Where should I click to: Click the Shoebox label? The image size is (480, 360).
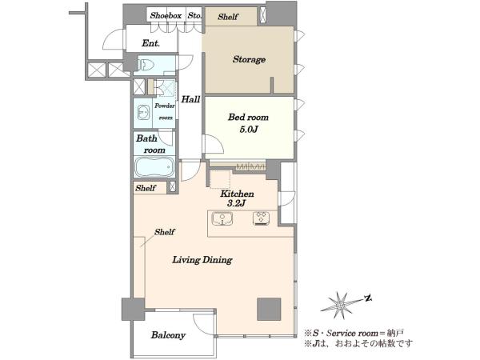pos(166,16)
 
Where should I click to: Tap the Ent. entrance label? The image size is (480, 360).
pos(151,43)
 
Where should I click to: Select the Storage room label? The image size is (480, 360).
pos(249,59)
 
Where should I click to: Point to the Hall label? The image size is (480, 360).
pos(190,99)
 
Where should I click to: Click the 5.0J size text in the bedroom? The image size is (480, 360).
pos(248,130)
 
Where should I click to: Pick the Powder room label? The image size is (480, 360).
pos(164,111)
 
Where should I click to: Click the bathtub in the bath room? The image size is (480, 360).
pos(154,167)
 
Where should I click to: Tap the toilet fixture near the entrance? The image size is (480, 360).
pos(145,65)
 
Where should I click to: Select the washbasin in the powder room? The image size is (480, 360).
pos(143,112)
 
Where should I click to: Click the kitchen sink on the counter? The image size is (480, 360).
pos(222,219)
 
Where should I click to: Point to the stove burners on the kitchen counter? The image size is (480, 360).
pos(261,218)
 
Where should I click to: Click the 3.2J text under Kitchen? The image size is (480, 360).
pos(237,203)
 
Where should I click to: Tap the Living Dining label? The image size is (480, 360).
pos(202,260)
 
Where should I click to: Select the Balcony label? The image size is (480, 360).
pos(168,335)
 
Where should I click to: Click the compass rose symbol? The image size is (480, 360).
pos(341,305)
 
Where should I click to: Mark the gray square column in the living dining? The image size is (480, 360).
pos(269,309)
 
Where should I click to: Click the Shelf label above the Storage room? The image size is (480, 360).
pos(228,17)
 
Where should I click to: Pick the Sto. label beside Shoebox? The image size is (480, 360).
pos(194,15)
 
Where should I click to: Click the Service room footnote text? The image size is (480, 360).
pos(354,333)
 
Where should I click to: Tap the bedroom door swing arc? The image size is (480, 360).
pos(217,142)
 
